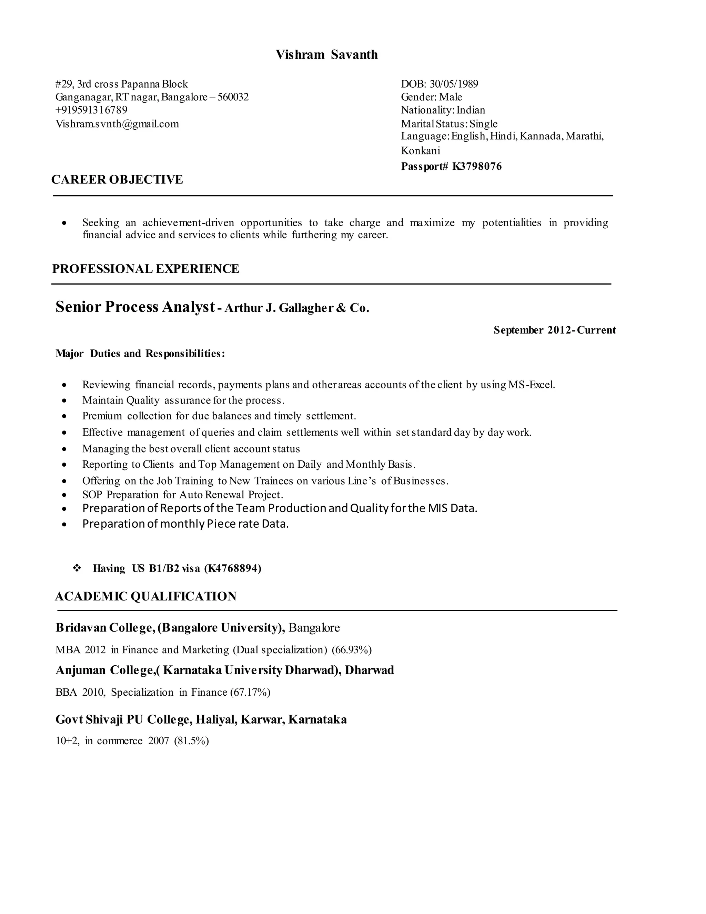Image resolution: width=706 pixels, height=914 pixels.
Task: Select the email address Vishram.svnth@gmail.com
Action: pos(117,124)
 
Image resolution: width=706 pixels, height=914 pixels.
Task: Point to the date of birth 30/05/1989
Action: pos(454,84)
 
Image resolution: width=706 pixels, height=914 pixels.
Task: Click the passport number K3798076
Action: pos(477,167)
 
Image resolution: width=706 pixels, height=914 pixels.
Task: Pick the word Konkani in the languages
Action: pos(420,151)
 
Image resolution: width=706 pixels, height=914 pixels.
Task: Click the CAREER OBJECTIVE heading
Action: pos(117,180)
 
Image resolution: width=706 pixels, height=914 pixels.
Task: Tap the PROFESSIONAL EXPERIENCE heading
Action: pos(145,269)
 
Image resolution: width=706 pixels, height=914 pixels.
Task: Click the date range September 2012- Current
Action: pos(554,330)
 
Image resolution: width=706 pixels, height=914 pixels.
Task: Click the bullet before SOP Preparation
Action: pos(64,495)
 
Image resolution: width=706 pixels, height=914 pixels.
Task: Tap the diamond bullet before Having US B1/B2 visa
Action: pos(77,568)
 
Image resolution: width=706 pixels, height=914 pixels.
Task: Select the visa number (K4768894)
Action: pos(233,568)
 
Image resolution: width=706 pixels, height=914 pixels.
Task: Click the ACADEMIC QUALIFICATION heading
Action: pos(145,596)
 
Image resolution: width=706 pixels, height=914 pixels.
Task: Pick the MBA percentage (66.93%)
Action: pos(351,650)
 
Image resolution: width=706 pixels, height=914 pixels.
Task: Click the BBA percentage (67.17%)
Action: pos(250,693)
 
